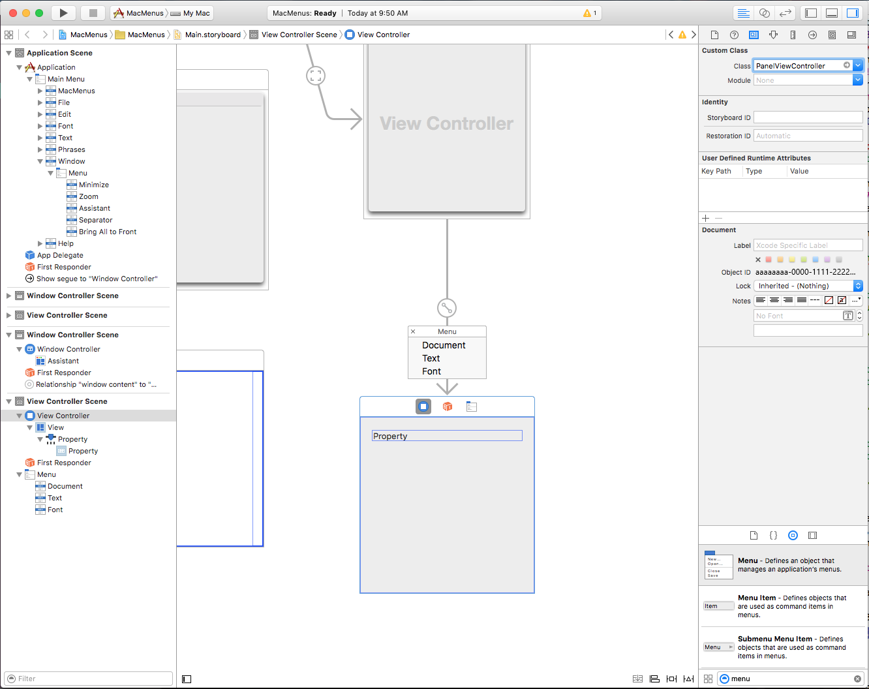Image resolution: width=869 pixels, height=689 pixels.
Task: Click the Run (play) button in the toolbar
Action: click(63, 13)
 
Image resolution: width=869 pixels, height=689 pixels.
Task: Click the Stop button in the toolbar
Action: click(93, 13)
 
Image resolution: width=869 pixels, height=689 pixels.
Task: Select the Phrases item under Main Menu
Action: click(72, 149)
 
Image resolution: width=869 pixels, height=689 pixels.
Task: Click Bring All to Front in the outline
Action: click(108, 232)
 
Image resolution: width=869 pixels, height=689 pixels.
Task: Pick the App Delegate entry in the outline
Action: click(60, 255)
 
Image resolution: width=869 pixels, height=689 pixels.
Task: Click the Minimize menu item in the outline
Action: click(94, 185)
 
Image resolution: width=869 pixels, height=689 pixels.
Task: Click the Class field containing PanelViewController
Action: click(802, 66)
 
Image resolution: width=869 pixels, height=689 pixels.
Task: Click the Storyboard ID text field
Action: click(808, 117)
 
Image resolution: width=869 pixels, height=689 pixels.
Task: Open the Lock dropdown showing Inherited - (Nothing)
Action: click(808, 286)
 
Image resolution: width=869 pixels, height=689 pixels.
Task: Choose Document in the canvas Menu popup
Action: click(444, 345)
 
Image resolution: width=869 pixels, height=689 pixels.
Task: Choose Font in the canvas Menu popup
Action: click(431, 371)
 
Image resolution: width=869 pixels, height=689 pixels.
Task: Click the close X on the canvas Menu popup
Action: click(413, 331)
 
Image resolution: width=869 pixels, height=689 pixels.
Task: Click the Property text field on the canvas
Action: click(447, 436)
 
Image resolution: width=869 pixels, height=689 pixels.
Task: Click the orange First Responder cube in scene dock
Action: click(447, 406)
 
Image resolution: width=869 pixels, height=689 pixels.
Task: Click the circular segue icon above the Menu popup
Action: click(447, 308)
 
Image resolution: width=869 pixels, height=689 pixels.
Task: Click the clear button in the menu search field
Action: click(857, 679)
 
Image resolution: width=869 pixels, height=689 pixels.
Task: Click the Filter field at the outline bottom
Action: click(89, 679)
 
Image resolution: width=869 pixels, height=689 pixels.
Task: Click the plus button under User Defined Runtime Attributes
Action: click(705, 219)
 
